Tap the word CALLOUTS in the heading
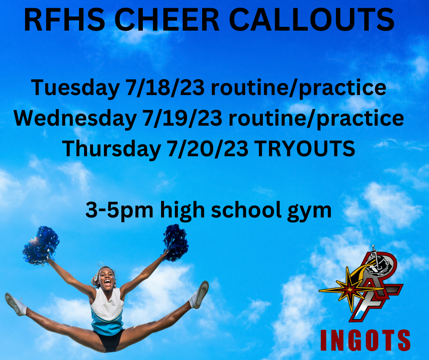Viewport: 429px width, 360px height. coord(311,20)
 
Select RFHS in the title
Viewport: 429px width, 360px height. coord(64,20)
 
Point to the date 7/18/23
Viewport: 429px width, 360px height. coord(165,87)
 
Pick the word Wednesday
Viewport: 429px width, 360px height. coord(75,118)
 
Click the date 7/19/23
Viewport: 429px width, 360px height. coord(182,118)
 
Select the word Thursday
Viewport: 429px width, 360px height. coord(111,148)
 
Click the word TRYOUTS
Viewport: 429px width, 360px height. coord(305,148)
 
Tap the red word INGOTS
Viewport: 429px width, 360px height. coord(365,340)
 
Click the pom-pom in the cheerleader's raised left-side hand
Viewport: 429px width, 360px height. coord(41,246)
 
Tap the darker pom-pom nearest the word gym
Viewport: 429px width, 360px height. coord(176,243)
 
